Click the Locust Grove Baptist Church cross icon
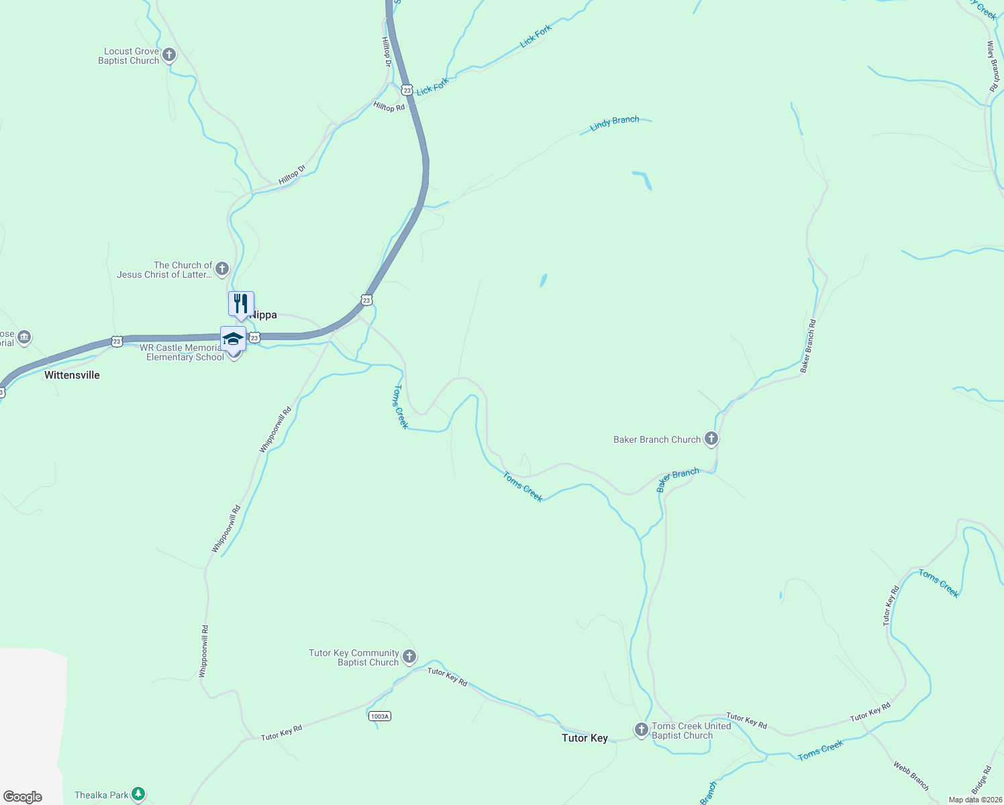169,54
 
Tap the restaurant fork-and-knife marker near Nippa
241,303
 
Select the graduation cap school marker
233,338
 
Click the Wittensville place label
72,375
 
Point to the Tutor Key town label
585,738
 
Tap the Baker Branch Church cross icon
711,439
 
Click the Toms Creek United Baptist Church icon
641,729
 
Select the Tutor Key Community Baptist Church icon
409,656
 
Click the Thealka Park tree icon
138,794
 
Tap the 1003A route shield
379,716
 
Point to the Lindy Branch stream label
615,123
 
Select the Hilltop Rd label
389,107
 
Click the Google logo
23,797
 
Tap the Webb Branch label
911,775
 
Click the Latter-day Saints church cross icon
222,269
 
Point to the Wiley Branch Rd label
993,66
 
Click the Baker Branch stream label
678,479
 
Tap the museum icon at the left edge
24,337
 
